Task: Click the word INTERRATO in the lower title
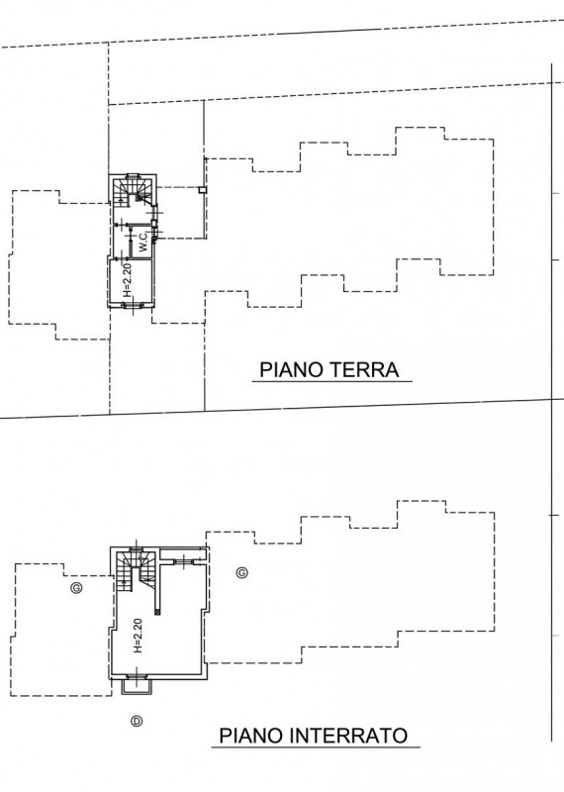(349, 735)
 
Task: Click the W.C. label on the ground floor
(143, 243)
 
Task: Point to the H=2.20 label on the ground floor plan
(128, 279)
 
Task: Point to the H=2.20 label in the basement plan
(139, 636)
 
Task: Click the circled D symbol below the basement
(137, 722)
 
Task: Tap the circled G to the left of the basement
(77, 588)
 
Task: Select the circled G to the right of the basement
(241, 573)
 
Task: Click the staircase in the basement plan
(136, 569)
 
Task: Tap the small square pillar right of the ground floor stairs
(202, 190)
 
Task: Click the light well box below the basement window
(136, 687)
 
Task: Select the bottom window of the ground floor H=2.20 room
(134, 305)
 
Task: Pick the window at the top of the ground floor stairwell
(133, 176)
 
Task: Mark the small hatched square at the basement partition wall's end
(158, 612)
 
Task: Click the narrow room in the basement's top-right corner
(183, 553)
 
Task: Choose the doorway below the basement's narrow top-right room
(184, 560)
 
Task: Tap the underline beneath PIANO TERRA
(332, 382)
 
